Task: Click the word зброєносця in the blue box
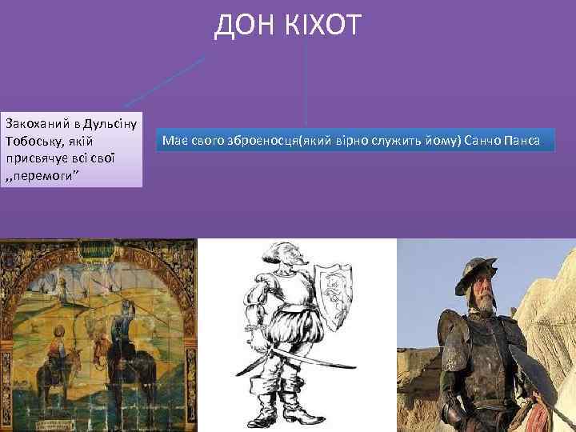coord(255,142)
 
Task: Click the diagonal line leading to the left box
coord(164,81)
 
